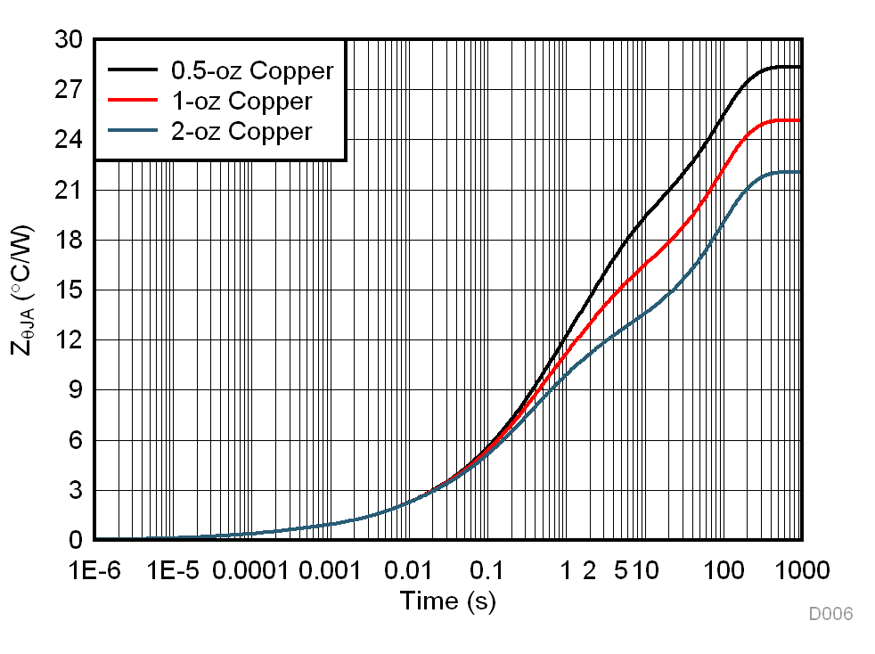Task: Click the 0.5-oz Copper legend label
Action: tap(252, 70)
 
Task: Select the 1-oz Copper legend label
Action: tap(241, 101)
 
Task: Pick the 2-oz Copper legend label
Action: tap(241, 132)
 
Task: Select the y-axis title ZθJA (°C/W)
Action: tap(24, 290)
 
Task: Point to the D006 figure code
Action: tap(830, 614)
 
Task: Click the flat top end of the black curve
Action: tap(799, 67)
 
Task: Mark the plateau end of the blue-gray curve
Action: tap(799, 172)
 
